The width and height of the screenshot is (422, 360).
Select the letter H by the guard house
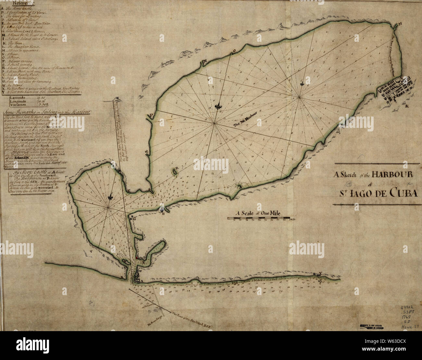tap(163, 213)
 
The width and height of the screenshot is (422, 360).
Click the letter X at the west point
tap(122, 277)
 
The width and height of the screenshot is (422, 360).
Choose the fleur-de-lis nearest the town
tap(303, 83)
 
